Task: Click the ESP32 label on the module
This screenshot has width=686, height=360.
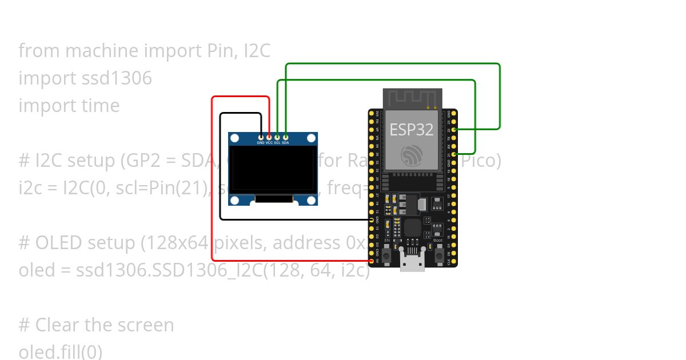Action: (411, 129)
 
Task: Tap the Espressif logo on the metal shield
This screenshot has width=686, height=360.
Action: (412, 155)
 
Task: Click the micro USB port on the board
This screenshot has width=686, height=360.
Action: (412, 263)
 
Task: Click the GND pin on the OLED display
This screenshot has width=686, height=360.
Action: (261, 137)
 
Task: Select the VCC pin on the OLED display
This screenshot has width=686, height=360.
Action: (269, 137)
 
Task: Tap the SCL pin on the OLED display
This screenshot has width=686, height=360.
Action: (277, 137)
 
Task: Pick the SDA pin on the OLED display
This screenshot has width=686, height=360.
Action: (285, 137)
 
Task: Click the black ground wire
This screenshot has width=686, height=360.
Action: (221, 171)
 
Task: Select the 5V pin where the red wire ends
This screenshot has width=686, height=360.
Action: (372, 261)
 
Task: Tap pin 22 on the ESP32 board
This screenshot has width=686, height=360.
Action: (454, 130)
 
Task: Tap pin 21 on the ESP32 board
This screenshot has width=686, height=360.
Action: (454, 154)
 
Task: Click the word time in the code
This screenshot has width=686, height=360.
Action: (100, 105)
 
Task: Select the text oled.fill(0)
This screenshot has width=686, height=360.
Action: (60, 351)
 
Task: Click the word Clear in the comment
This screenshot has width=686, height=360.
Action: (58, 325)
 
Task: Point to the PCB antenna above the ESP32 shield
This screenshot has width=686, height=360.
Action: (412, 98)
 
